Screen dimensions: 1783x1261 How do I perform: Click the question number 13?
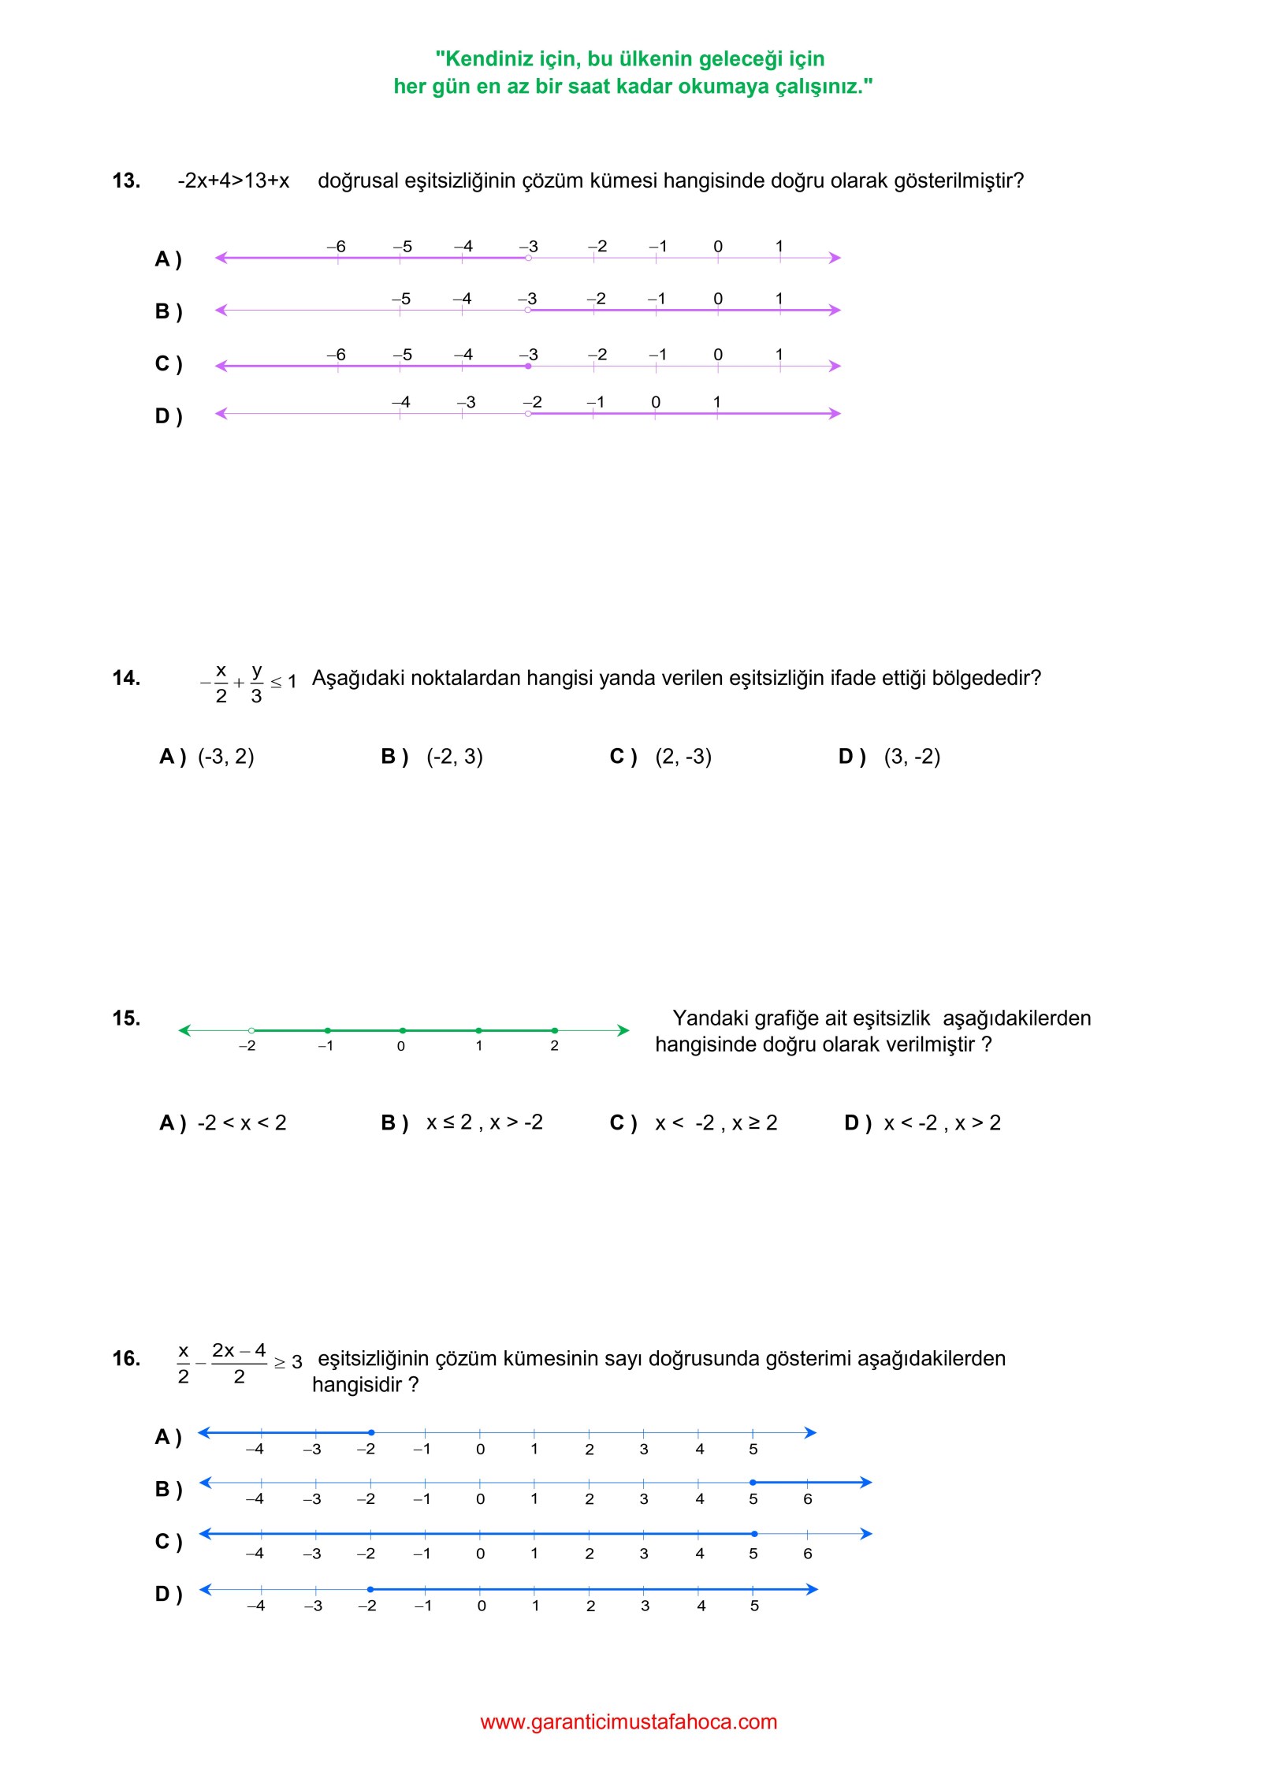(126, 181)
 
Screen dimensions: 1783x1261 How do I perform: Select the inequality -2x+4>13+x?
(233, 181)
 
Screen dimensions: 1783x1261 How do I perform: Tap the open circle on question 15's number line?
(251, 1030)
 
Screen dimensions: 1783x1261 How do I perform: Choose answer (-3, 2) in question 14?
(225, 757)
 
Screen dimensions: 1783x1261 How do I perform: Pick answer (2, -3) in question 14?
(683, 757)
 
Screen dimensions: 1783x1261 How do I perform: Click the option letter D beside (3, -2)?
(851, 757)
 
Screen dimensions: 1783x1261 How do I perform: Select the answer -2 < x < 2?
(242, 1122)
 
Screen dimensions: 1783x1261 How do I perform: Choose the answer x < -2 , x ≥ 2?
(716, 1122)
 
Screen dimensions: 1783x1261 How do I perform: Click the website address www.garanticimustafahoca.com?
(629, 1722)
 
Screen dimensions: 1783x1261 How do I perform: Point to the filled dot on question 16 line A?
(371, 1432)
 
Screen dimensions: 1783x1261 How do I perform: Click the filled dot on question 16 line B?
(753, 1483)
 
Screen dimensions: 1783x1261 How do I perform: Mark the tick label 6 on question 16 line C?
(808, 1554)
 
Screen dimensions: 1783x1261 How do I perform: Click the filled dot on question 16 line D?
(370, 1589)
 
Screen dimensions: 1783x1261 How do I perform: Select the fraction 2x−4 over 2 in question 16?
(239, 1364)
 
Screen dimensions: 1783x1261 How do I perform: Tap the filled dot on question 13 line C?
(528, 367)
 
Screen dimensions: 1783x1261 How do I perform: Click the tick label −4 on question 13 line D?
(401, 402)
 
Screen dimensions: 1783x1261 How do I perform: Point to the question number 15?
(126, 1018)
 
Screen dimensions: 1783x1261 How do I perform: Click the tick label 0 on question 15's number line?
(401, 1047)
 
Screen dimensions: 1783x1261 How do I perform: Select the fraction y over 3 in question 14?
(256, 683)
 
